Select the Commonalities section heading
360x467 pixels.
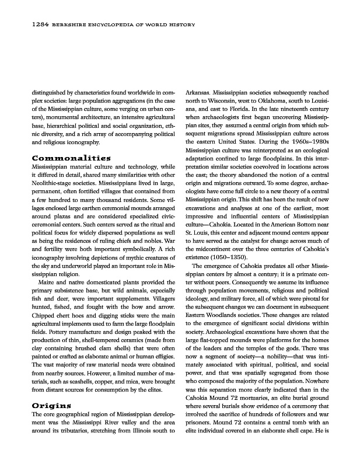point(71,158)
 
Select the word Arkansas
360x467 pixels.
point(198,92)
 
